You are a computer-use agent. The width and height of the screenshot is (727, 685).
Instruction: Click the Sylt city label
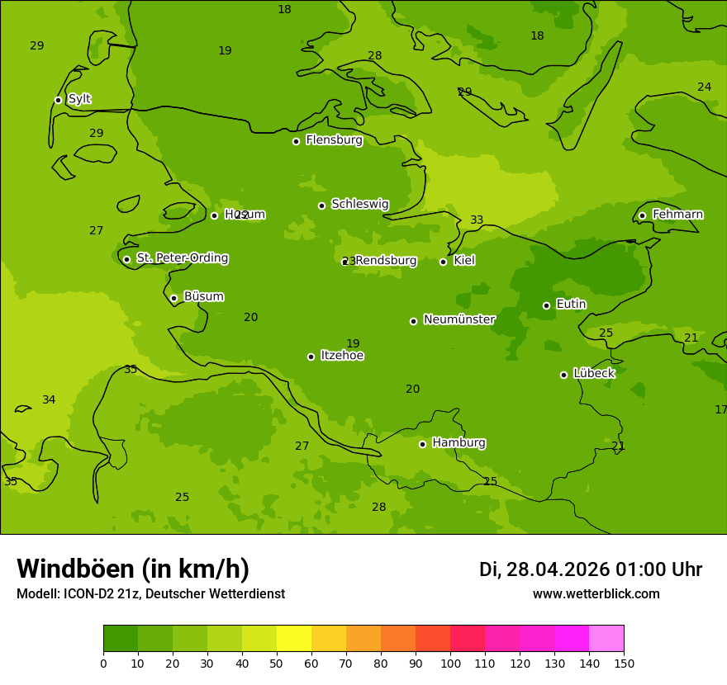coord(79,99)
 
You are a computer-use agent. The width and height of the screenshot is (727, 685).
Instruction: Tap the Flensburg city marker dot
coord(296,141)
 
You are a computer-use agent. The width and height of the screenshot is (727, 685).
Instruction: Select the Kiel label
coord(464,261)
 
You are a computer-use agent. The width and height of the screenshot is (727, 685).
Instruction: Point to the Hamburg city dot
coord(422,444)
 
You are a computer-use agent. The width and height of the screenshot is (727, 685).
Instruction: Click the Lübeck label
coord(594,374)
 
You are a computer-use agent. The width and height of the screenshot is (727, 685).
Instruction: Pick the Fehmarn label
coord(677,215)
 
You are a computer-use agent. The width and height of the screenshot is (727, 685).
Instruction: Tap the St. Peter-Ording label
coord(183,258)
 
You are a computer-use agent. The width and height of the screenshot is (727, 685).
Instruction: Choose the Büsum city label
coord(203,296)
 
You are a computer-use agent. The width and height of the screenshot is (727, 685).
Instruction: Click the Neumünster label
coord(459,319)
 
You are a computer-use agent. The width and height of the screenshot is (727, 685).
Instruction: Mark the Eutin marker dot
coord(546,305)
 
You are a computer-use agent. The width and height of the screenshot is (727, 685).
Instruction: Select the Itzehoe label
coord(342,356)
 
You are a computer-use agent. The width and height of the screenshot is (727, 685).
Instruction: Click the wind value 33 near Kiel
coord(477,220)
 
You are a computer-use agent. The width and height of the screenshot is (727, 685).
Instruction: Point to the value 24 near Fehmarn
coord(704,87)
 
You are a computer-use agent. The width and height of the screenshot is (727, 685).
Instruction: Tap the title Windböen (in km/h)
coord(133,569)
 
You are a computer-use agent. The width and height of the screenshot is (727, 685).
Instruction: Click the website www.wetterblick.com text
coord(596,594)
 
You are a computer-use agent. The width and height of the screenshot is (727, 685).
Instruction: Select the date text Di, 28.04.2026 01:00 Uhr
coord(590,569)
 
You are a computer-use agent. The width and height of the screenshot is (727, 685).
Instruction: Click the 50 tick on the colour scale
coord(277,663)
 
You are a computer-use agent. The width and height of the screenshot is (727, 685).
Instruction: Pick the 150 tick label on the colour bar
coord(624,663)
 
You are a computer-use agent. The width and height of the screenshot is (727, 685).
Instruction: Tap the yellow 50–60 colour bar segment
coord(294,639)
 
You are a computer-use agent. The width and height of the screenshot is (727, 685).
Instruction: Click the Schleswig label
coord(360,204)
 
